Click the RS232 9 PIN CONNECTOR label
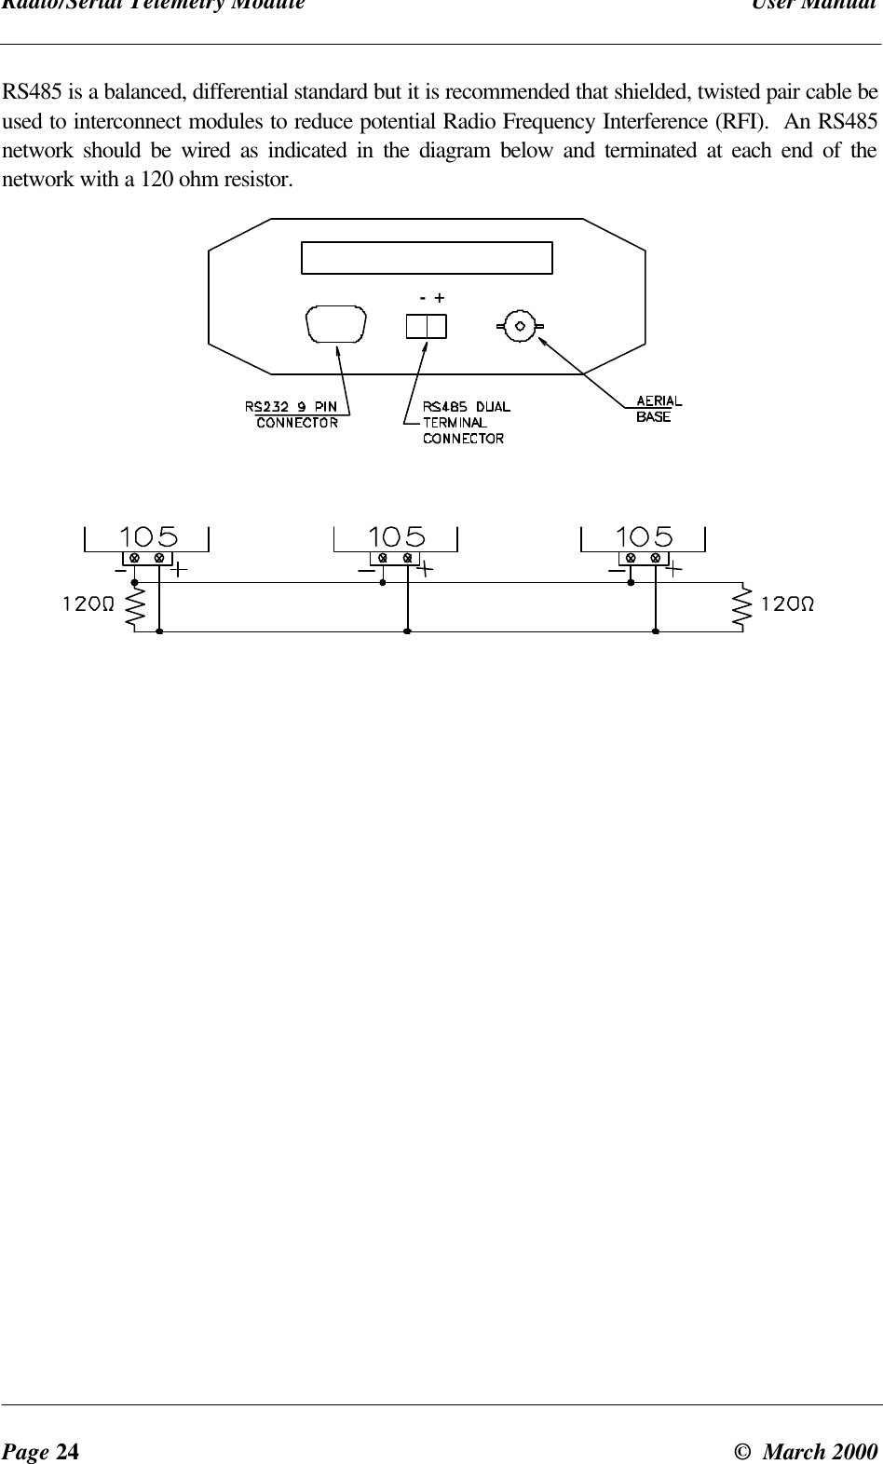click(x=291, y=413)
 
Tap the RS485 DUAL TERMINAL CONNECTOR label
click(x=466, y=422)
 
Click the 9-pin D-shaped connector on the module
click(x=335, y=327)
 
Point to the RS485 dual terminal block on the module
click(x=426, y=326)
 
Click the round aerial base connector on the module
click(x=520, y=326)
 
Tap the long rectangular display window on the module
click(x=427, y=258)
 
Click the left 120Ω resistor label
click(x=88, y=603)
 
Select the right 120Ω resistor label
click(x=788, y=603)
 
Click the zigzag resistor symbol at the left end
click(x=134, y=605)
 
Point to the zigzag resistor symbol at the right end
click(x=742, y=605)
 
